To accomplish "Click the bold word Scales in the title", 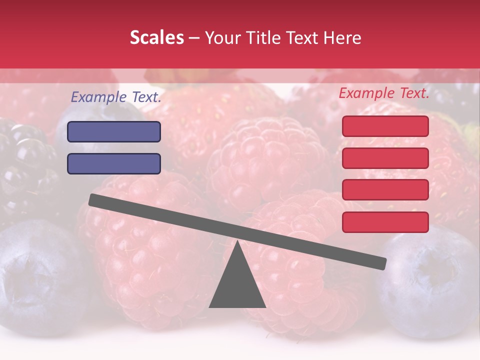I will pyautogui.click(x=156, y=38).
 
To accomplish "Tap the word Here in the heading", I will pyautogui.click(x=342, y=38).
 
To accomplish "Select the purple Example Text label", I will pyautogui.click(x=116, y=97).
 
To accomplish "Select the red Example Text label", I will pyautogui.click(x=384, y=93).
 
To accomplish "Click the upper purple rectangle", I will pyautogui.click(x=114, y=132).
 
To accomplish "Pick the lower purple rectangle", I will pyautogui.click(x=114, y=163).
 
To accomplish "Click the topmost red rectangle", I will pyautogui.click(x=385, y=126).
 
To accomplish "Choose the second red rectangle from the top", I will pyautogui.click(x=385, y=158).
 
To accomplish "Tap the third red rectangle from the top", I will pyautogui.click(x=385, y=190).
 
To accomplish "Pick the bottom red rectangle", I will pyautogui.click(x=385, y=222).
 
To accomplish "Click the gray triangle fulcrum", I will pyautogui.click(x=237, y=285).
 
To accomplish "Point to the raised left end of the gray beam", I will pyautogui.click(x=94, y=199).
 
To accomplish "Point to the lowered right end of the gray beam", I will pyautogui.click(x=381, y=263).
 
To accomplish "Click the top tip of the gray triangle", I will pyautogui.click(x=237, y=242).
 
